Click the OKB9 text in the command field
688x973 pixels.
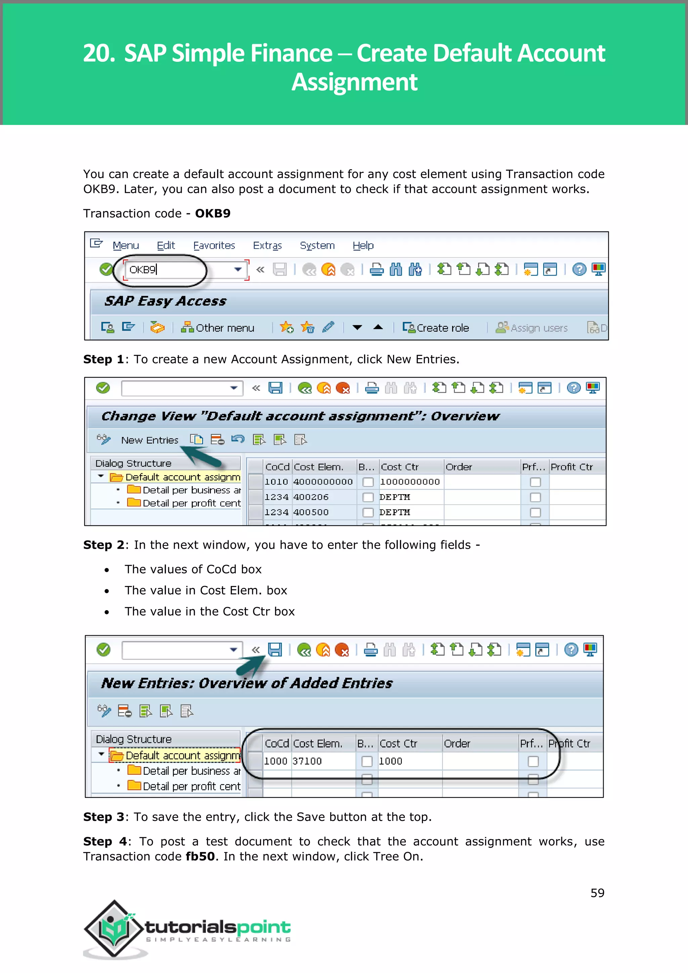143,269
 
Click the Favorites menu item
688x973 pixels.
214,245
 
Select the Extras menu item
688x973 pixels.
267,245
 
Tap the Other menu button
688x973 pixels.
218,328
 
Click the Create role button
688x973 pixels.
436,328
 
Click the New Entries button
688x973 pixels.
149,440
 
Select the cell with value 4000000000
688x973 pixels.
323,482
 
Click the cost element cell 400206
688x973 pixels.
311,497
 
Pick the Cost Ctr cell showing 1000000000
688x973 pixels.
410,482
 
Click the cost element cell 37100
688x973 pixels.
307,761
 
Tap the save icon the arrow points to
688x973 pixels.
275,650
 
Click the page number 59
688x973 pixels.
597,893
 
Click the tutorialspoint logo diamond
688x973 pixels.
113,929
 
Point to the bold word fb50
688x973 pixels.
200,856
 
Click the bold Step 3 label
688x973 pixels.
103,817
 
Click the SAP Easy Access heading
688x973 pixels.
165,301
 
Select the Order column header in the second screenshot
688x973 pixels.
459,467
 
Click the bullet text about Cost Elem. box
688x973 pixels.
206,590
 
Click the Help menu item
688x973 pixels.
363,245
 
